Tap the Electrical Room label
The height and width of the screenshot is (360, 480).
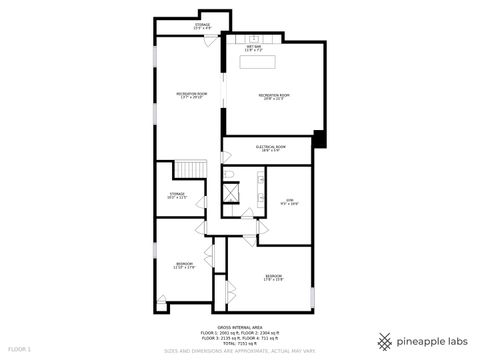pyautogui.click(x=272, y=147)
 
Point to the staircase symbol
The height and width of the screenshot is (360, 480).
pyautogui.click(x=189, y=173)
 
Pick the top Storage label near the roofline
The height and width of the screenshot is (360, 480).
pyautogui.click(x=202, y=26)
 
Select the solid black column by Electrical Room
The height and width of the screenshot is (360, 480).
pyautogui.click(x=319, y=139)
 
